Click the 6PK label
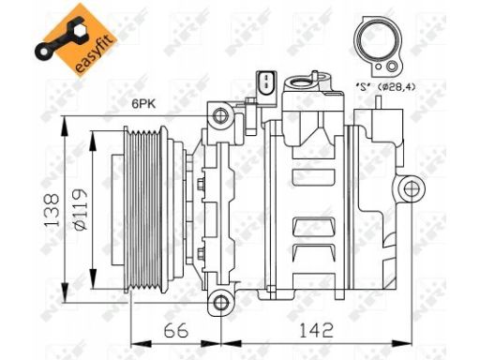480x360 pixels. [143, 104]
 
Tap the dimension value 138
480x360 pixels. [52, 210]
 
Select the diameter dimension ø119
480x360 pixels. [79, 210]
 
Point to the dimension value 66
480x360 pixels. [176, 330]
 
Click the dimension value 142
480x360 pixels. [316, 330]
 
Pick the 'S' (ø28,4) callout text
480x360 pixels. [386, 86]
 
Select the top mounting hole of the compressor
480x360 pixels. [220, 116]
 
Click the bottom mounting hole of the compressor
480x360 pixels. [220, 303]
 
